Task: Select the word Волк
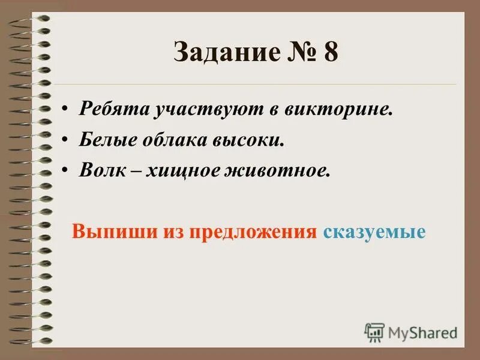99,170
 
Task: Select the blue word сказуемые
374,232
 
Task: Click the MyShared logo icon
374,332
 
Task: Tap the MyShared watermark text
422,332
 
